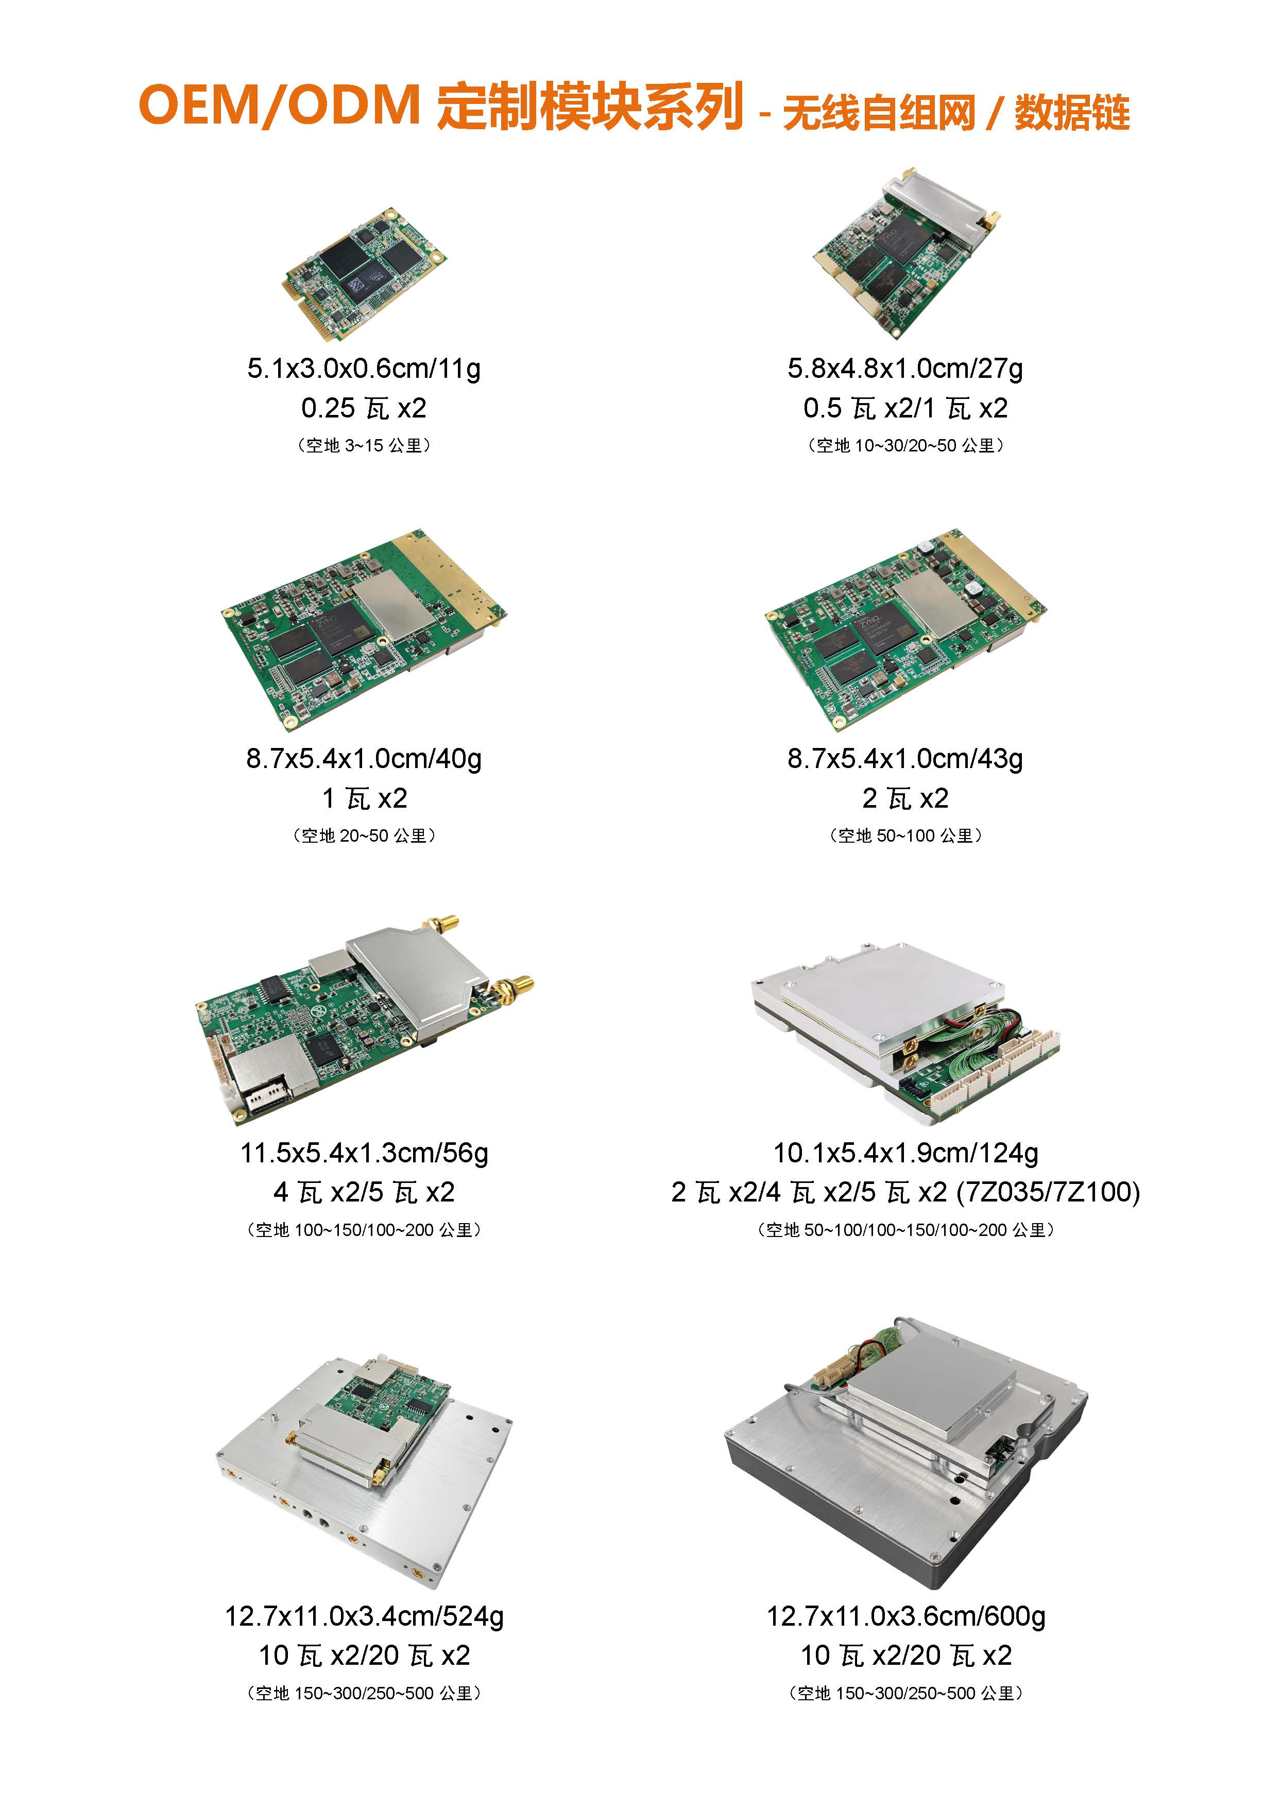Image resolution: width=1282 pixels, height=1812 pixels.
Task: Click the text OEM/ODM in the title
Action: click(279, 105)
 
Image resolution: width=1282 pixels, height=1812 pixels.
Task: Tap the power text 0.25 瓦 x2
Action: click(364, 408)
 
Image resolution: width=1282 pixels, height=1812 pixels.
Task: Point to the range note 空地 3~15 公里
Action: click(364, 445)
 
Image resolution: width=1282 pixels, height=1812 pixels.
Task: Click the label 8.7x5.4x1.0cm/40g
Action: click(364, 758)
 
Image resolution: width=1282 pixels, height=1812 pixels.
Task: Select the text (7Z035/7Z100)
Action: click(1048, 1192)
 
